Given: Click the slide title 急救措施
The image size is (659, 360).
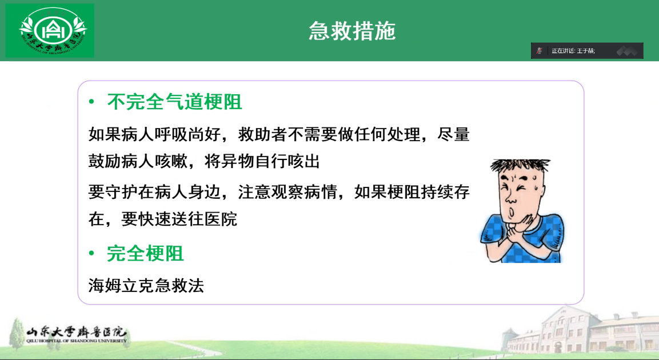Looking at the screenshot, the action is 352,31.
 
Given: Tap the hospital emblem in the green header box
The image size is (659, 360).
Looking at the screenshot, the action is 53,31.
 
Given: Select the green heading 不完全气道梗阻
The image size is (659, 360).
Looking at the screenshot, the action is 174,102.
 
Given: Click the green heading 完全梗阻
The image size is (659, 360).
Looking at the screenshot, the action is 145,253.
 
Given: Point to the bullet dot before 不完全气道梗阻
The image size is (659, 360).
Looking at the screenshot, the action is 91,102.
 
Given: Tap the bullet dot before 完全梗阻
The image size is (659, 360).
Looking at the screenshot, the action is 91,253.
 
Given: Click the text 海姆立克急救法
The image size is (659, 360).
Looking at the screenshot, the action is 146,286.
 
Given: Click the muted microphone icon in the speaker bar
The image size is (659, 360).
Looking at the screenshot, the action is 540,51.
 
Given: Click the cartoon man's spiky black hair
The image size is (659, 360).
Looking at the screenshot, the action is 520,165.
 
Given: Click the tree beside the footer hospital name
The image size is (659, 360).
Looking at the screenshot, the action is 17,334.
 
